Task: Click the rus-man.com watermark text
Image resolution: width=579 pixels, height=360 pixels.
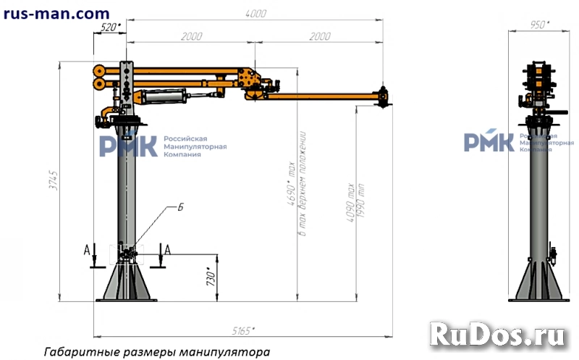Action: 56,13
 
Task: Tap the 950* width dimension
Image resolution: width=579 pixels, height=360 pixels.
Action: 539,24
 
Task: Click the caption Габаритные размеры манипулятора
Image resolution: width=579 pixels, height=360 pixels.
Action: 156,352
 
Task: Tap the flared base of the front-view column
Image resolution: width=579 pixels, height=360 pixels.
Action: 129,284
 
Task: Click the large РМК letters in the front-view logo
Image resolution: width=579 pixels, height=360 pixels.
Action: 127,145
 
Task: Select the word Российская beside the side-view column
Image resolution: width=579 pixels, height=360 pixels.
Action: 539,135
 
